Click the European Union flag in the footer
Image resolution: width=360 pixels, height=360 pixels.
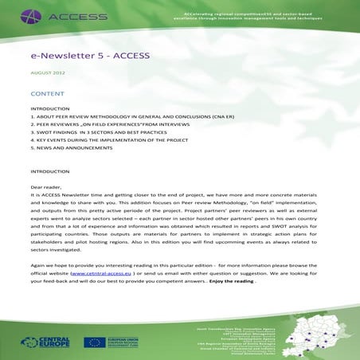(92, 342)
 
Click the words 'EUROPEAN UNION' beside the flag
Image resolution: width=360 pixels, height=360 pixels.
(119, 338)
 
